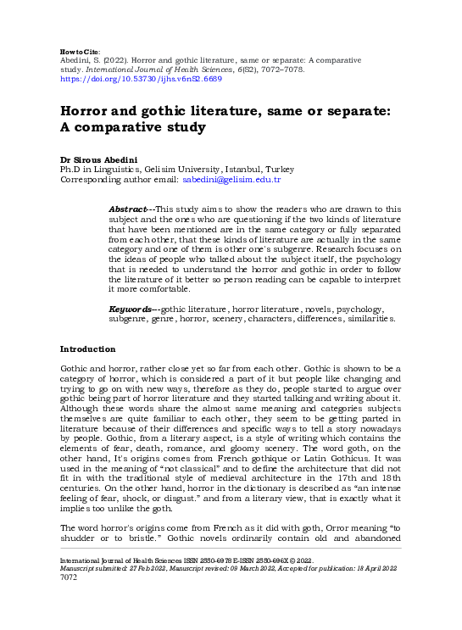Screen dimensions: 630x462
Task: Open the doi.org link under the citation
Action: click(140, 78)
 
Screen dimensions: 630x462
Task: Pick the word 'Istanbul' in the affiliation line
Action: click(248, 170)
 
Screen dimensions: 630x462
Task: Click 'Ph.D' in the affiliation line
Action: click(69, 170)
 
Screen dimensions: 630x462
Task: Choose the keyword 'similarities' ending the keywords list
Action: click(369, 320)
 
